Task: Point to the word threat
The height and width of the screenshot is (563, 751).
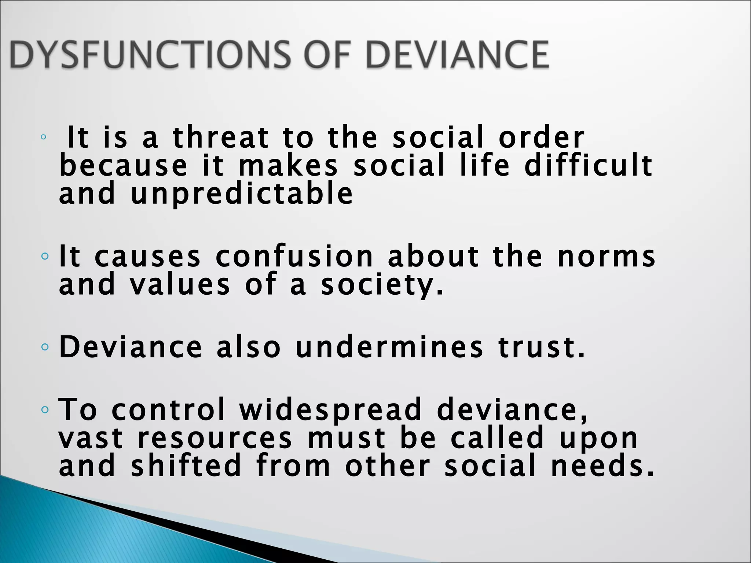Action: [x=221, y=137]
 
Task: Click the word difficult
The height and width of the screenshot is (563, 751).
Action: [x=588, y=165]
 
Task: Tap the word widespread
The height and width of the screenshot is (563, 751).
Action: [x=330, y=410]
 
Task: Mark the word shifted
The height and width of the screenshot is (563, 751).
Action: [x=186, y=466]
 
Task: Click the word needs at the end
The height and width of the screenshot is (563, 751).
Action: [x=602, y=466]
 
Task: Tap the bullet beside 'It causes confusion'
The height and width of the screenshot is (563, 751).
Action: [x=44, y=256]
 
